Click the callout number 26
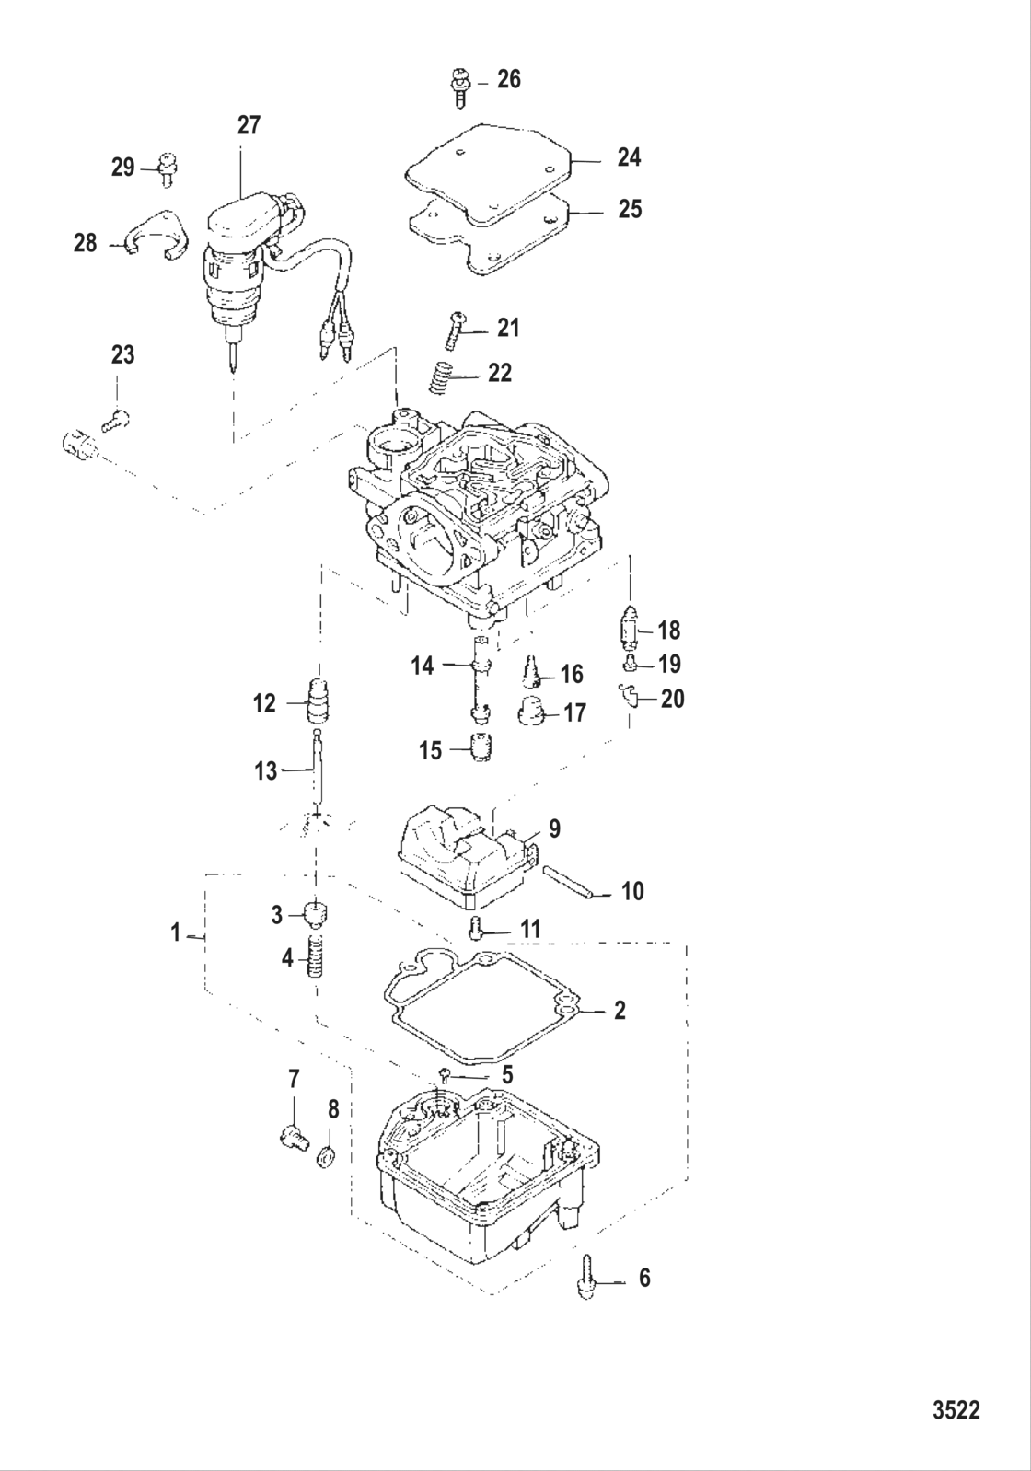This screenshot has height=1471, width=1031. [508, 80]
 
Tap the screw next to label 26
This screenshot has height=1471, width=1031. [459, 88]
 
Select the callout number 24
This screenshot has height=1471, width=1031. [629, 157]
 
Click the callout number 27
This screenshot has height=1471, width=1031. [249, 125]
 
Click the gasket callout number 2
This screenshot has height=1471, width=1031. [620, 1011]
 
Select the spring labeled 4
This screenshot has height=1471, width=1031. [316, 959]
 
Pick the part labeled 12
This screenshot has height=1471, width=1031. [319, 702]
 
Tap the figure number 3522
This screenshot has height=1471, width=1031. [956, 1409]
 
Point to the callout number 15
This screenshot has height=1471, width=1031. [431, 750]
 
